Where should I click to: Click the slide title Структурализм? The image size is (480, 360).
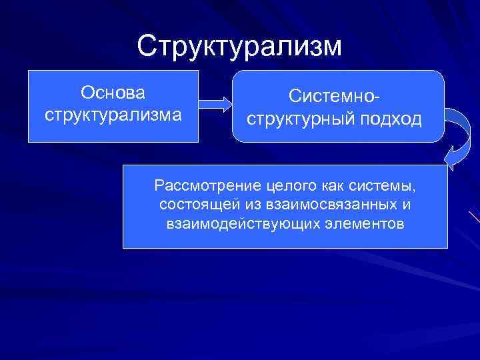[x=239, y=47]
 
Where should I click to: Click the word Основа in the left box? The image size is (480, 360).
[x=113, y=90]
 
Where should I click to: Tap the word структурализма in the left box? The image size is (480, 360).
[x=113, y=113]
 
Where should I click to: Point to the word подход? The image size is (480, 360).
[x=395, y=119]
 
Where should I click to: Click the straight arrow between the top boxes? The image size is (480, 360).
[x=215, y=104]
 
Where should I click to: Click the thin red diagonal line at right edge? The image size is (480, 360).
[x=474, y=217]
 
